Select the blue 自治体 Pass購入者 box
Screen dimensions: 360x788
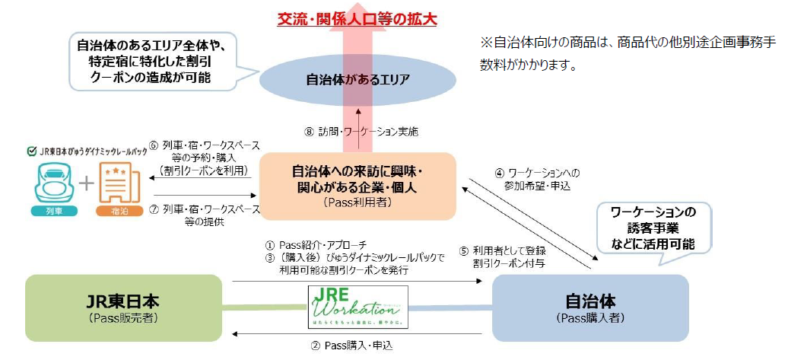(590, 308)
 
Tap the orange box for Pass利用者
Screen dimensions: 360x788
(357, 187)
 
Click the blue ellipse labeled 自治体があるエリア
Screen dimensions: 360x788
(357, 78)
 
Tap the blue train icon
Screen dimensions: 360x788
(52, 183)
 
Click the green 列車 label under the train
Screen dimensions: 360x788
(52, 215)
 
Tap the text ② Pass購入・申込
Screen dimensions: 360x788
(357, 345)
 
